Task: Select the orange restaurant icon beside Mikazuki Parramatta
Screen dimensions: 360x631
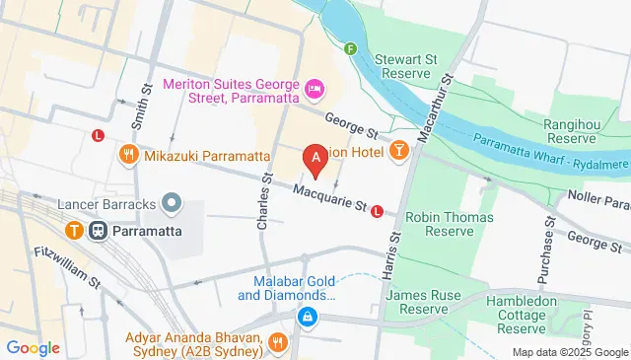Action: point(128,155)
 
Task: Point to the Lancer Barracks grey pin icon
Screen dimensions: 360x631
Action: point(173,203)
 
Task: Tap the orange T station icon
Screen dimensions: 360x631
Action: point(75,230)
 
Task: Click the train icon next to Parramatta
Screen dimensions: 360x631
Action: point(99,230)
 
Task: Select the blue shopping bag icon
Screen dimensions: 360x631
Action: point(308,317)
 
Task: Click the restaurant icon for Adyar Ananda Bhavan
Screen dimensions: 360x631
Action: point(278,342)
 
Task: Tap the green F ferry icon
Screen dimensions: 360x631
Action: point(350,47)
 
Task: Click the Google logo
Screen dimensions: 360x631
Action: point(33,347)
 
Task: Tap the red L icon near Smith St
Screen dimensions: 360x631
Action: point(98,136)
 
